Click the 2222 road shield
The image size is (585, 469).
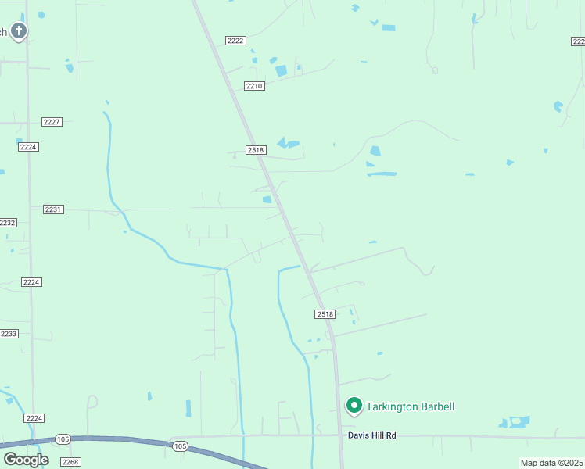[235, 41]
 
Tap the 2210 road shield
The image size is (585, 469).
[254, 86]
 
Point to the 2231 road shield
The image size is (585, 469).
[53, 209]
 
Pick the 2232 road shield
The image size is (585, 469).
[7, 223]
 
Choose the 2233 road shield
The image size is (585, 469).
[9, 334]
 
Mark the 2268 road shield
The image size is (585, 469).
[70, 462]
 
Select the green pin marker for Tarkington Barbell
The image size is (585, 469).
[354, 406]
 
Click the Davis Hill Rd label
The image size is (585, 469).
[372, 435]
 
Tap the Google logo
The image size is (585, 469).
[26, 460]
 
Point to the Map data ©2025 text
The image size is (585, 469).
[551, 463]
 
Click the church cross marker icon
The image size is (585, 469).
[19, 31]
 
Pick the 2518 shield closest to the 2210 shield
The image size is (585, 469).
[257, 150]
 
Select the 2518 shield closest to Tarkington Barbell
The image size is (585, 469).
[325, 314]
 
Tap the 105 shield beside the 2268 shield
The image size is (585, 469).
[63, 439]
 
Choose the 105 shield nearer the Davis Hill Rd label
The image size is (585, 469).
[181, 446]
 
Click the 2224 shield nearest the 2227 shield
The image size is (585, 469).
[29, 147]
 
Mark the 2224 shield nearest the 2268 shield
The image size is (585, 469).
[33, 419]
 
